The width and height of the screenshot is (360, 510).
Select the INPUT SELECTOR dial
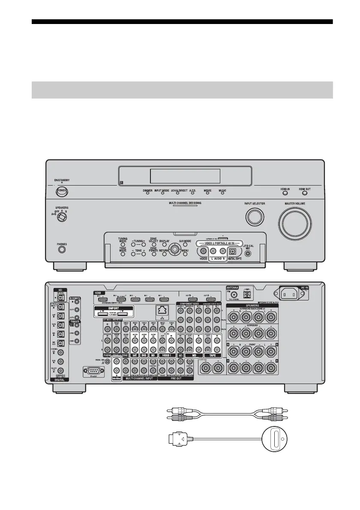pyautogui.click(x=255, y=217)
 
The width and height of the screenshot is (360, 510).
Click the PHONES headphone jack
pyautogui.click(x=62, y=249)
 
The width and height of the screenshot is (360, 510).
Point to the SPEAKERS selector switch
pyautogui.click(x=63, y=217)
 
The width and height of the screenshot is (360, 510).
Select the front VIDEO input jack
pyautogui.click(x=204, y=252)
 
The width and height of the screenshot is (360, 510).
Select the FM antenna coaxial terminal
pyautogui.click(x=234, y=294)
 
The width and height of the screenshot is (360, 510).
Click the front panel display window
pyautogui.click(x=185, y=175)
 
